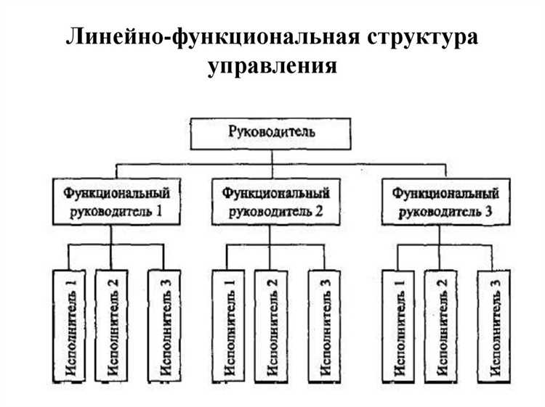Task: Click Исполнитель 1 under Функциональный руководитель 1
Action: pos(70,326)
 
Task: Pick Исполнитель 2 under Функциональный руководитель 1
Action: pos(111,326)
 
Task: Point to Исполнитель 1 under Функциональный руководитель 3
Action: pos(398,326)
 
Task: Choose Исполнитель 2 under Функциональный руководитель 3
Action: pos(440,326)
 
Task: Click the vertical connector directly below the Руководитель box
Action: pos(272,160)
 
